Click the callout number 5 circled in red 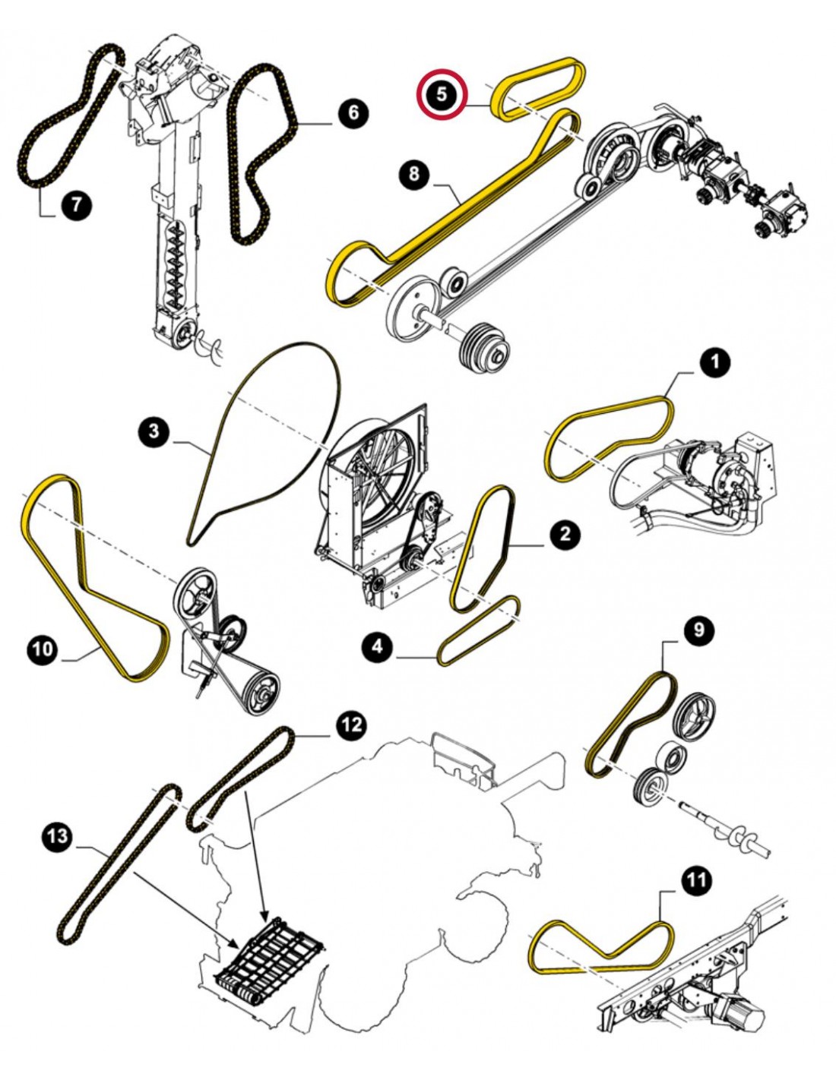(x=442, y=94)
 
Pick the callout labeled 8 (x=413, y=174)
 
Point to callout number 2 (x=564, y=535)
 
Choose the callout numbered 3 (x=154, y=432)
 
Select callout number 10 (x=43, y=649)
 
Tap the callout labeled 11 (x=696, y=880)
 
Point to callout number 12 (x=350, y=725)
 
